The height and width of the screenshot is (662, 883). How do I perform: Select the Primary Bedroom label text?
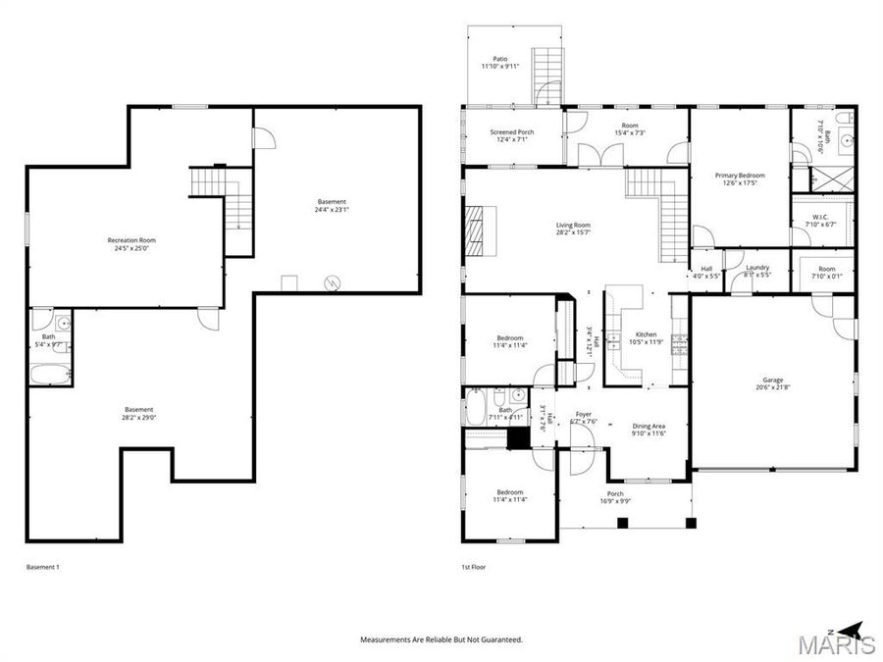click(x=740, y=176)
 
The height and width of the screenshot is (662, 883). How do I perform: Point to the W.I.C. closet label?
click(x=821, y=217)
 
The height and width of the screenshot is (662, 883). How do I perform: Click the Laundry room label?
click(x=756, y=267)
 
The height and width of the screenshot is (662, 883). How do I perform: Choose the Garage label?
click(x=773, y=380)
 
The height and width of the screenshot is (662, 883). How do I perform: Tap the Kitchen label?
click(x=648, y=334)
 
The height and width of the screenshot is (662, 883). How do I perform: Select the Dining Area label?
click(x=649, y=426)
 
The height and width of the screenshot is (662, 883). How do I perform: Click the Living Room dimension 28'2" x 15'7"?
click(x=573, y=232)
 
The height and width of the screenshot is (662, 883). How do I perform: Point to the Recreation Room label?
click(x=131, y=240)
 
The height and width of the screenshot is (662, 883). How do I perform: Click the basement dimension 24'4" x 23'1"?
click(x=333, y=209)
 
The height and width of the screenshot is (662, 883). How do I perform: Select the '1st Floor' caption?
click(x=473, y=567)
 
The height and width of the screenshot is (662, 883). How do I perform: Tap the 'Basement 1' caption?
click(x=42, y=567)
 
